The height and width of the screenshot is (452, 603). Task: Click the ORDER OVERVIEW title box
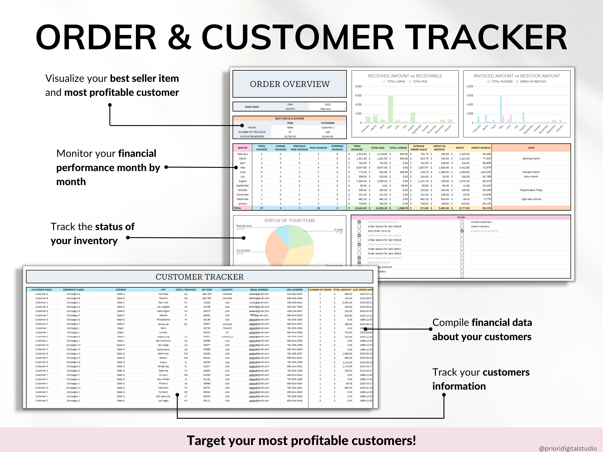289,84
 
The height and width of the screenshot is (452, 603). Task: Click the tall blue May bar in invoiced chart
501,109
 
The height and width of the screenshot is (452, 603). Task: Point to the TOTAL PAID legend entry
420,81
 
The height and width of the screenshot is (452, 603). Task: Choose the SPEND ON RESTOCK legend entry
533,81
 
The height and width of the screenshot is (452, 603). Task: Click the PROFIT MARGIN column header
481,148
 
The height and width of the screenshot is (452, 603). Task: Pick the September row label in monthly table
242,186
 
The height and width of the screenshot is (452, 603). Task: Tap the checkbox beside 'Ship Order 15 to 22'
359,231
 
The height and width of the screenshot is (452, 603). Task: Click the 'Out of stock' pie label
243,250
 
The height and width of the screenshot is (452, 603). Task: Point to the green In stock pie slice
301,236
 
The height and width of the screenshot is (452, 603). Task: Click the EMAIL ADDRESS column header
259,290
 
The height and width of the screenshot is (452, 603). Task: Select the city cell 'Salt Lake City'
163,396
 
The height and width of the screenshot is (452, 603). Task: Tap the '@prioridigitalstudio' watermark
568,448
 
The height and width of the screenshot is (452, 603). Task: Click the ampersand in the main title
179,37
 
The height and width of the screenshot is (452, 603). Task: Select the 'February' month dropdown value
326,109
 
